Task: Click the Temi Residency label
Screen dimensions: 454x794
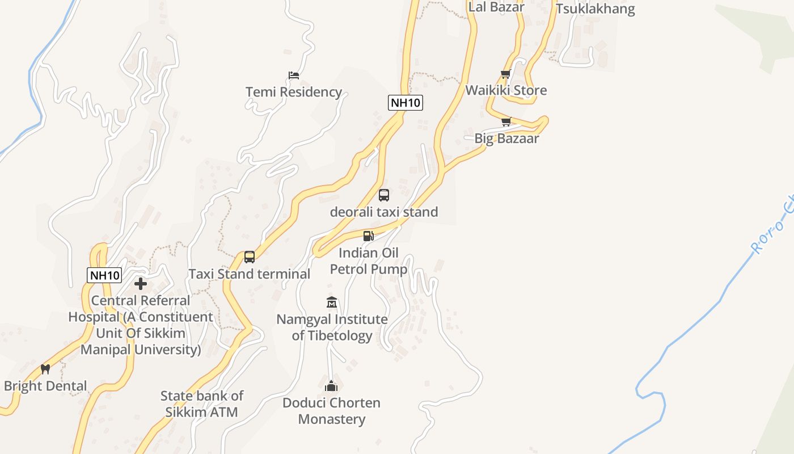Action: click(293, 92)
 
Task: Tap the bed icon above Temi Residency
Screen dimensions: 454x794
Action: click(293, 75)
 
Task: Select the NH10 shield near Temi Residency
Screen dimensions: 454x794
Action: click(406, 103)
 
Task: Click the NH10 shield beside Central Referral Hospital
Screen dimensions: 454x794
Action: click(105, 275)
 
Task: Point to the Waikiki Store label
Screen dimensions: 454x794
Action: click(506, 90)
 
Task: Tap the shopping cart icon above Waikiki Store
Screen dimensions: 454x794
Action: click(506, 74)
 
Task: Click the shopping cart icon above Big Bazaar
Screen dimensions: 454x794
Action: click(506, 121)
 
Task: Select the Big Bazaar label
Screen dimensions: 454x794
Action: click(506, 138)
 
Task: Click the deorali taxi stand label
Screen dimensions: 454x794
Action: click(384, 212)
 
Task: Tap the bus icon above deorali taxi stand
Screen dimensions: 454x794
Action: click(384, 195)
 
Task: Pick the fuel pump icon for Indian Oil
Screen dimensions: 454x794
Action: click(369, 236)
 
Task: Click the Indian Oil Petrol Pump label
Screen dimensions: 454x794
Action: click(369, 261)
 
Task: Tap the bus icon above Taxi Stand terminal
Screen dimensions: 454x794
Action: click(250, 257)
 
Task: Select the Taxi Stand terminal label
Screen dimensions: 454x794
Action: click(250, 274)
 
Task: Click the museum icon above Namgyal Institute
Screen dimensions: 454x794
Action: click(332, 302)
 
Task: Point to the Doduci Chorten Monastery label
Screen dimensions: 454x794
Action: click(332, 411)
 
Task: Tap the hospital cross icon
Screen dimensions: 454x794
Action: click(141, 284)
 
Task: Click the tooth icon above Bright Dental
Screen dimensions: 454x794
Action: click(45, 369)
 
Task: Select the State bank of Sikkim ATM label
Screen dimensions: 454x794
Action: click(201, 404)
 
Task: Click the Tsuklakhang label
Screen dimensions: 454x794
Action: click(595, 9)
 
